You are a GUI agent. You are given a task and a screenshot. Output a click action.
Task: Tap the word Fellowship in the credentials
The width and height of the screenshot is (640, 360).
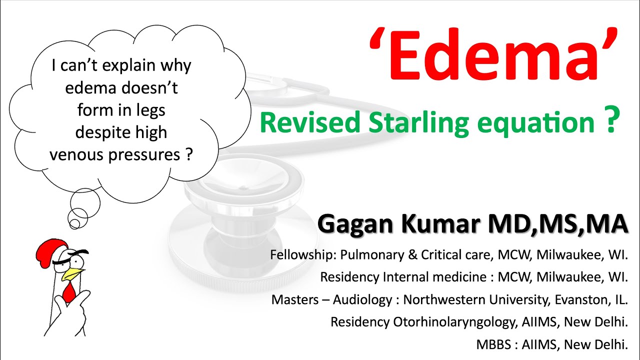(x=303, y=255)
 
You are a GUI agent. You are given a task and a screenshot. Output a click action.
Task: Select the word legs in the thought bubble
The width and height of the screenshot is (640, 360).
(x=149, y=110)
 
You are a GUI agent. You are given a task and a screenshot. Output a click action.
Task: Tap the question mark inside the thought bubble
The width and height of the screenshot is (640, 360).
(x=188, y=154)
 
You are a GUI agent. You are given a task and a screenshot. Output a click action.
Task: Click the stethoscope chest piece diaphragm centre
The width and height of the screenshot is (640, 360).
(x=243, y=189)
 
